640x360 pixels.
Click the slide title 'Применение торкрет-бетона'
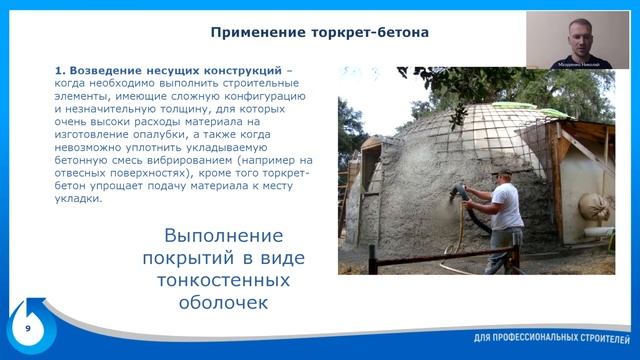pos(320,32)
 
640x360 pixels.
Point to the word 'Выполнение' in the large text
pos(223,237)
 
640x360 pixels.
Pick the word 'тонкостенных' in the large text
pos(223,281)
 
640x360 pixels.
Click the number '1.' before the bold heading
pos(60,71)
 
